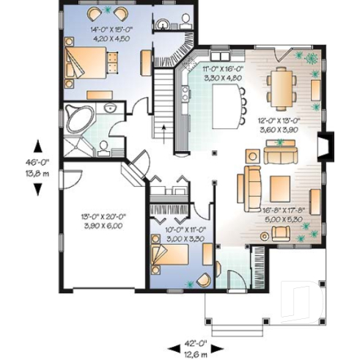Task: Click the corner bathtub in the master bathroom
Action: pos(78,116)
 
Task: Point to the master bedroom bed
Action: pos(87,62)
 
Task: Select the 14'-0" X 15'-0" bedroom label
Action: pos(109,34)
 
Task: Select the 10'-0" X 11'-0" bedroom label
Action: pos(175,234)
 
